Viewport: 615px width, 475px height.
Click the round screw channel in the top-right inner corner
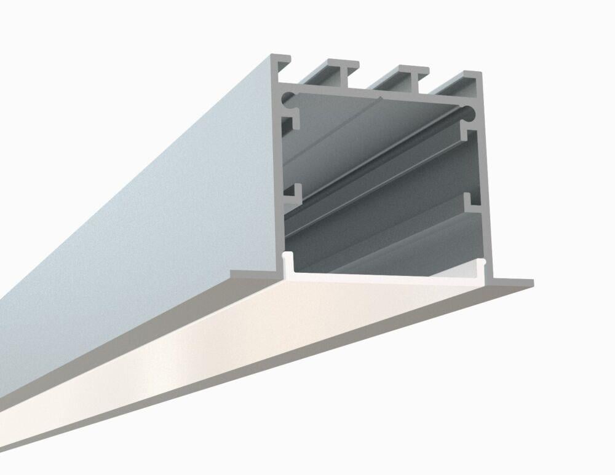click(470, 113)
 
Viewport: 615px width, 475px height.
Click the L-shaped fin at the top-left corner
click(280, 60)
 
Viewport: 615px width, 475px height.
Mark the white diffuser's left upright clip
click(286, 262)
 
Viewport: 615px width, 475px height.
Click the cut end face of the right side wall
click(483, 184)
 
